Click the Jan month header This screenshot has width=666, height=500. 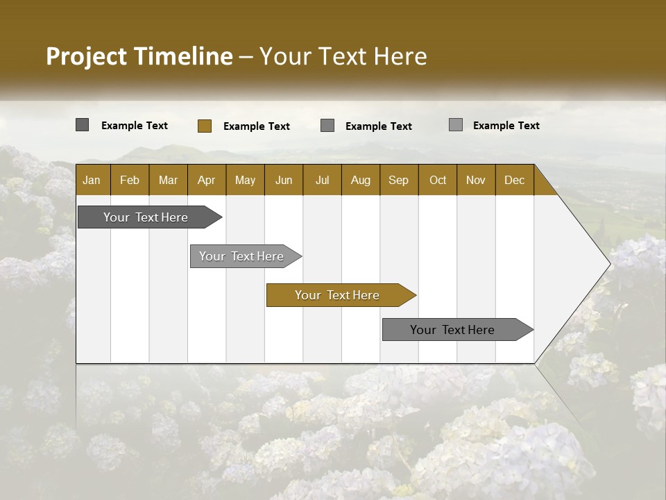pos(92,180)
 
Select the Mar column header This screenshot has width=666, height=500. pos(168,180)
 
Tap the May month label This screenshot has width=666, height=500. pos(245,180)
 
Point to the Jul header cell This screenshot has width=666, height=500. pos(322,180)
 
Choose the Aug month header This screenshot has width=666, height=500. pos(360,180)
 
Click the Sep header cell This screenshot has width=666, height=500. pos(398,180)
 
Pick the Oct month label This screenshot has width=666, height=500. pos(438,180)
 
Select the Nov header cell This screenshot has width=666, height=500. pos(476,180)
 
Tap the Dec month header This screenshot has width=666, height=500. pos(514,180)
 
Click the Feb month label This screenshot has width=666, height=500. pos(130,180)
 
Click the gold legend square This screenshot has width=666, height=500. pos(204,126)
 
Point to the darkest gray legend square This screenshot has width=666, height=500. pos(82,125)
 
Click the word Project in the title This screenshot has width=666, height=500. pos(87,56)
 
